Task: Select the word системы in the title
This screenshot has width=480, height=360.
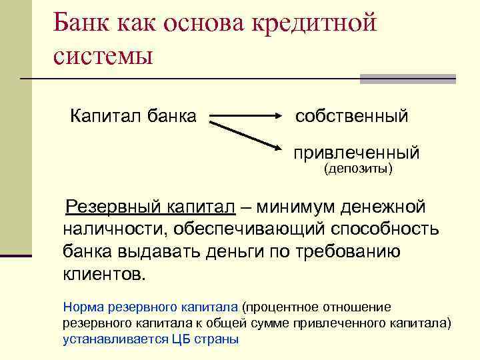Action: coord(103,55)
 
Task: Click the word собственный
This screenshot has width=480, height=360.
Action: coord(351,116)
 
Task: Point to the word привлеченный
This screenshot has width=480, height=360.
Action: coord(357,153)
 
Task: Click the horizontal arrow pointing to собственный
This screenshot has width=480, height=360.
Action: coord(246,116)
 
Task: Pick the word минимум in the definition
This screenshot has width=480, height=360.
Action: coord(295,207)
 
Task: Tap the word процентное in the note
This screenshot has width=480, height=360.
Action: coord(281,307)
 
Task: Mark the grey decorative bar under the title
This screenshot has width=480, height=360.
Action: coord(407,79)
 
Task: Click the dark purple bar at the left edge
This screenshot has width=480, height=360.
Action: coord(16,255)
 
